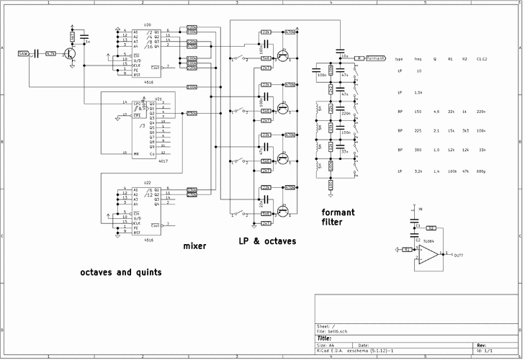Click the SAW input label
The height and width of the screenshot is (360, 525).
point(22,54)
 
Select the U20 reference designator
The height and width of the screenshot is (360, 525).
point(148,25)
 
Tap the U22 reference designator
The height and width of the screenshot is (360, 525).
point(148,184)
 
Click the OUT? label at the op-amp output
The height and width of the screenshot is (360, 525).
point(458,256)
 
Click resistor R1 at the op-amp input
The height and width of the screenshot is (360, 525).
point(407,249)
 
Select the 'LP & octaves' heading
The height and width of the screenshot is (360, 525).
point(267,240)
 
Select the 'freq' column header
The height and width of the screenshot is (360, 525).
point(418,58)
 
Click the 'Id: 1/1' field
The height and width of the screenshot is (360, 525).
point(485,351)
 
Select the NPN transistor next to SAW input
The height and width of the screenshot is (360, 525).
point(70,53)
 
